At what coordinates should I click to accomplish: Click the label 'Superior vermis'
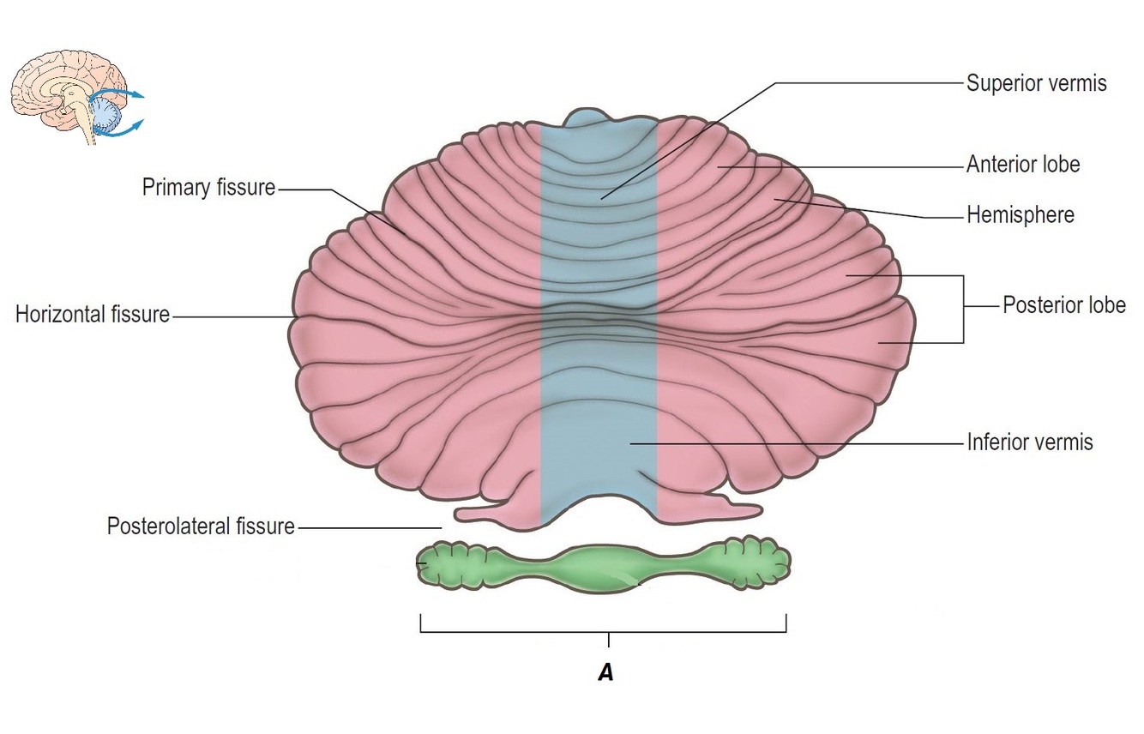1036,83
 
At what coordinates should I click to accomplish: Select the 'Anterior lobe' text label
1022,165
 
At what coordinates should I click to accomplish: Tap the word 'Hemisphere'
1020,214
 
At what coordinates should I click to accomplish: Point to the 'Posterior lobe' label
1063,305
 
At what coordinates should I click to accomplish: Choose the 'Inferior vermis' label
1029,442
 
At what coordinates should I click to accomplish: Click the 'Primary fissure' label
208,187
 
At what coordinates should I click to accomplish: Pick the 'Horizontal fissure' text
93,314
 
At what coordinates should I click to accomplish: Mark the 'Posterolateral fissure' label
200,526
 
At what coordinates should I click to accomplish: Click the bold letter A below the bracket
605,673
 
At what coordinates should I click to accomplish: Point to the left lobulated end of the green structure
442,564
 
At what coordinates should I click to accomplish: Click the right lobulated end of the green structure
759,563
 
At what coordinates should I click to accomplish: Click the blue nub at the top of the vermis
598,119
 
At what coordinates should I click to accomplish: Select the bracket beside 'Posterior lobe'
963,309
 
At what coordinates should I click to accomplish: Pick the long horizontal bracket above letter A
603,631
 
